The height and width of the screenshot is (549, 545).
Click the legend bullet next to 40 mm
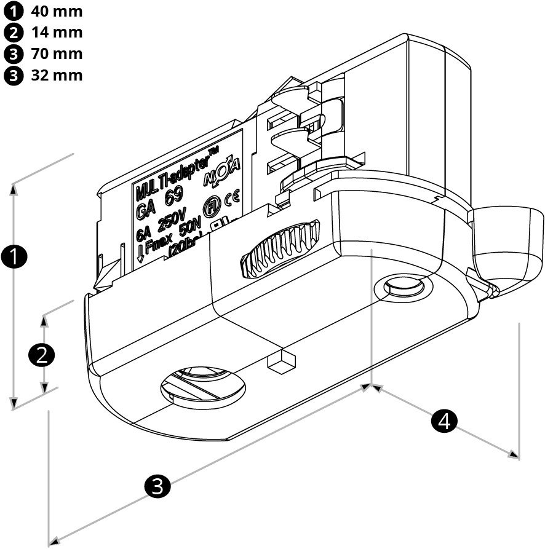(12, 11)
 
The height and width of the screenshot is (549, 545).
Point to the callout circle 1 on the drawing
(14, 257)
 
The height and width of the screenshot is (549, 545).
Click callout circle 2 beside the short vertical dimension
(42, 354)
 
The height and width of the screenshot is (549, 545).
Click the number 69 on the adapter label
(172, 199)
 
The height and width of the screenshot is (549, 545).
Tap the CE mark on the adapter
(233, 198)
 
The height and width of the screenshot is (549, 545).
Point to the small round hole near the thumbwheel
(400, 286)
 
